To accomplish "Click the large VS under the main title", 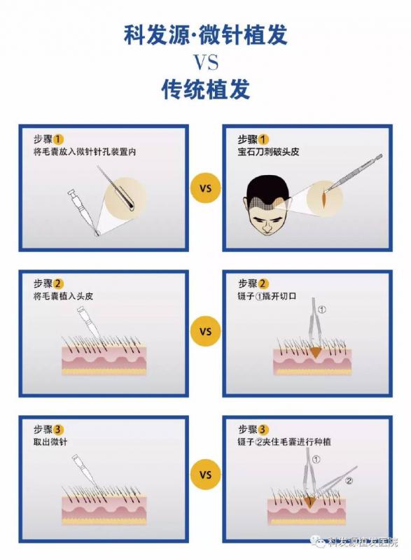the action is (206, 62).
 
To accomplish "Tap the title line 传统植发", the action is (206, 89).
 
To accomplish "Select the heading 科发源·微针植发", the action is (206, 35).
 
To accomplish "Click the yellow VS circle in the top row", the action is (206, 188).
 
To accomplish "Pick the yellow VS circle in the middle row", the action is (206, 331).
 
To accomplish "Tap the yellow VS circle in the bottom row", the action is (206, 475).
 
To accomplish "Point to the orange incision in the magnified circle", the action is (323, 199).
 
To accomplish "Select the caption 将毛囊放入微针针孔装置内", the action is (85, 152).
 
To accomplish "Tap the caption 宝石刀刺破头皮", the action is (269, 152).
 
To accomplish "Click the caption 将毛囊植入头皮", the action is (63, 296).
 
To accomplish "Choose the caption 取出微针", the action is (50, 442).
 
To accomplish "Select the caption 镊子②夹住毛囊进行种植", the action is (284, 442).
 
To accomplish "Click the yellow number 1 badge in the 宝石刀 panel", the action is (263, 139).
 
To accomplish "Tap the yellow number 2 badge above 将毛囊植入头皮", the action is (58, 284).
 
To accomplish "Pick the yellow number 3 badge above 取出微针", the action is (59, 430).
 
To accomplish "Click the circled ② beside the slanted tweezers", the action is (349, 481).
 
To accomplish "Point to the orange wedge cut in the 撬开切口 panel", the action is (316, 352).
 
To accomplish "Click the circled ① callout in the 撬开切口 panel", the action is (322, 309).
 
